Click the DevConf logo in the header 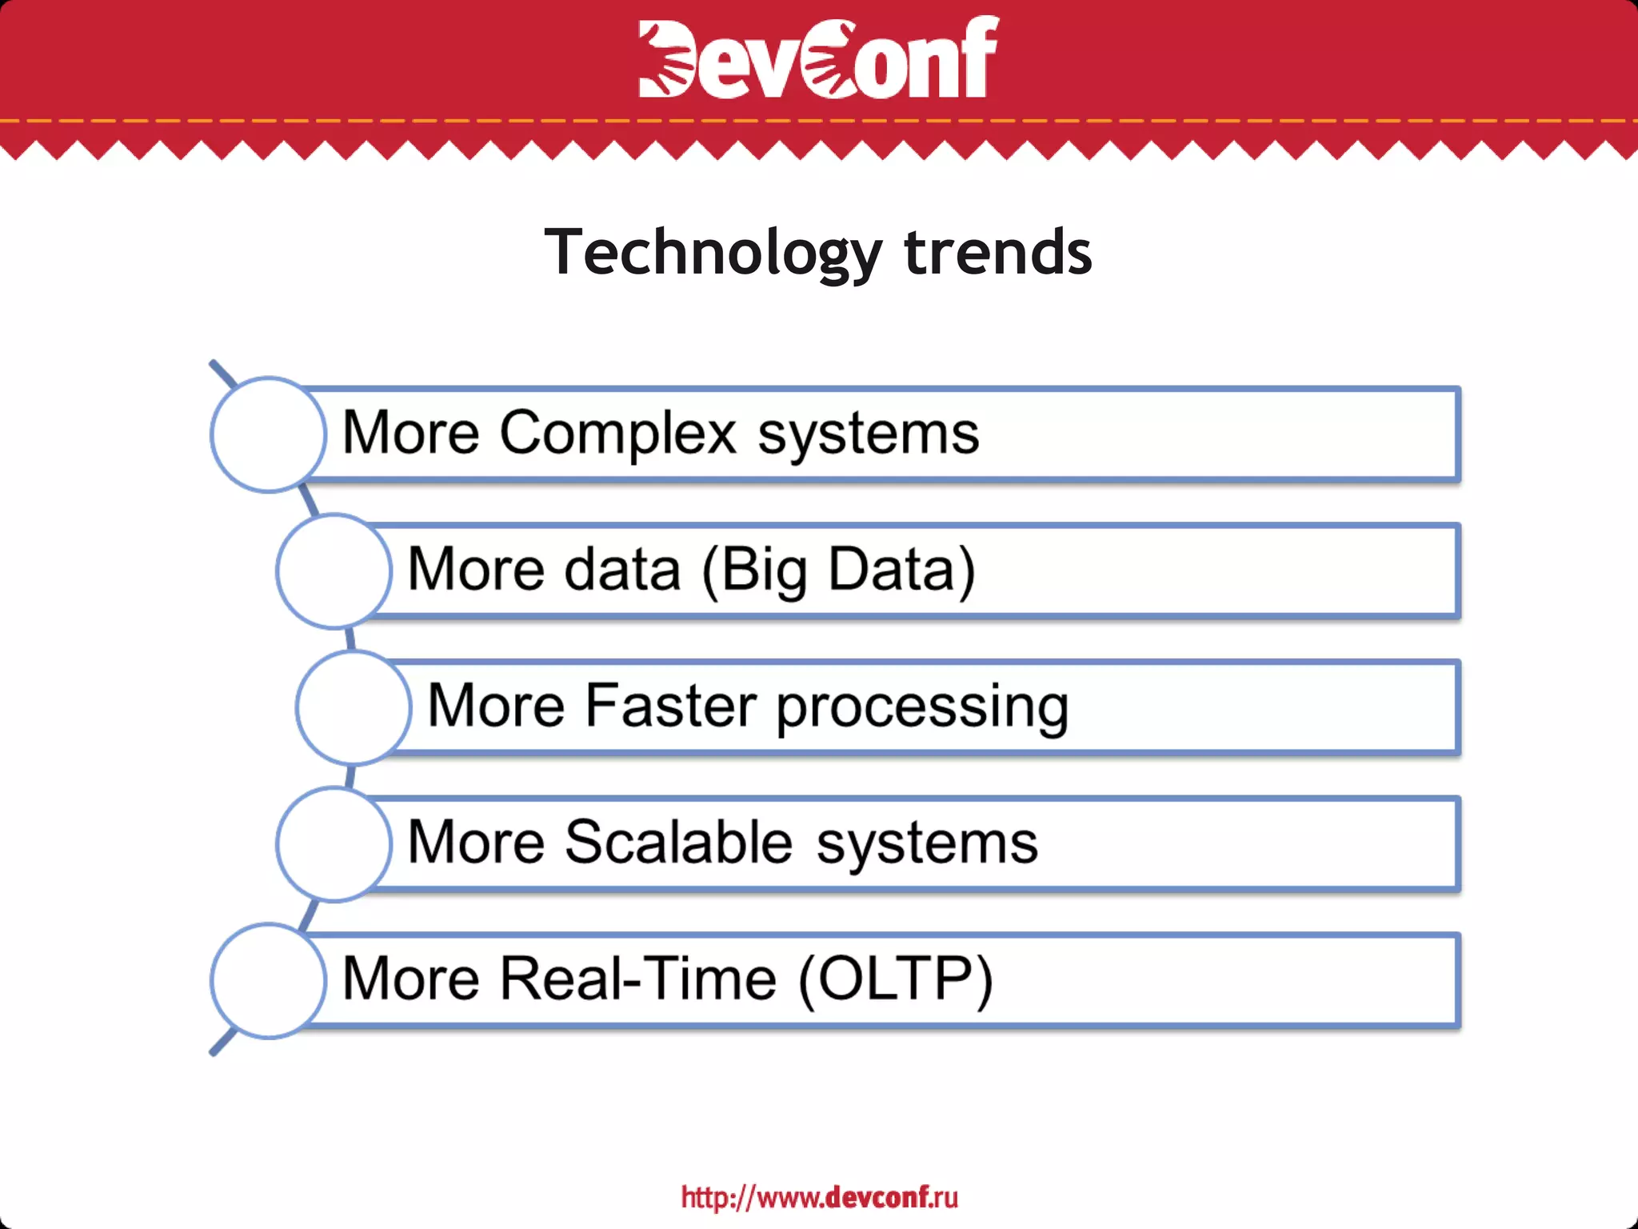click(x=818, y=58)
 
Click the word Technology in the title click(x=712, y=252)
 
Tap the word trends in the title click(x=997, y=252)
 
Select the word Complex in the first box click(x=617, y=433)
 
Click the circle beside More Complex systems click(x=268, y=434)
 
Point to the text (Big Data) click(x=838, y=570)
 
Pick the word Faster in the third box click(x=670, y=706)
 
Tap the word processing click(x=921, y=707)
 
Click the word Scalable click(x=679, y=842)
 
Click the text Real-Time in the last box click(x=637, y=979)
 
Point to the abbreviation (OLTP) click(x=895, y=979)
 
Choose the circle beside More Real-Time click(x=268, y=981)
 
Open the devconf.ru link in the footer click(x=819, y=1197)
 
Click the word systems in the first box click(x=868, y=434)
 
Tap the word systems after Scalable click(x=926, y=843)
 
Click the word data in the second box click(x=622, y=570)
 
